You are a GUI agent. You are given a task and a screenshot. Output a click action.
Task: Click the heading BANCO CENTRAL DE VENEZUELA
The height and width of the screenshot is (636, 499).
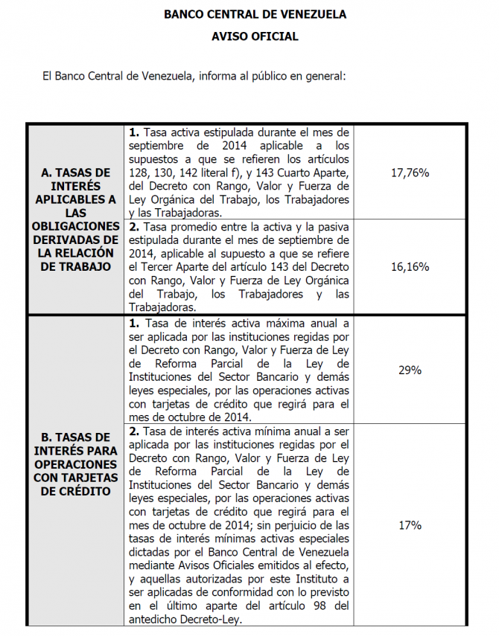(255, 14)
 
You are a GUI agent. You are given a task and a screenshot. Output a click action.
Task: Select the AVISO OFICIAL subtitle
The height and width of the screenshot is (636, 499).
(255, 36)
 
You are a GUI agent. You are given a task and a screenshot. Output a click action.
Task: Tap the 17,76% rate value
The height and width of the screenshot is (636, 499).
(410, 173)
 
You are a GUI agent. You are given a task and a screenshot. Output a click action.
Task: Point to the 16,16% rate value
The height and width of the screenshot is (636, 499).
(410, 266)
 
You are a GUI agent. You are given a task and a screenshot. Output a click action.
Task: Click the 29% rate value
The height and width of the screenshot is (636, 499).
(410, 370)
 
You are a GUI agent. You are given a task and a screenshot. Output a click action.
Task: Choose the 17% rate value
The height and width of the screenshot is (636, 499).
(410, 525)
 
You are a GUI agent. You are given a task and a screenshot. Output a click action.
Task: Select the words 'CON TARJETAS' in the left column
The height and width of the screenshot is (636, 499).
(76, 478)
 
